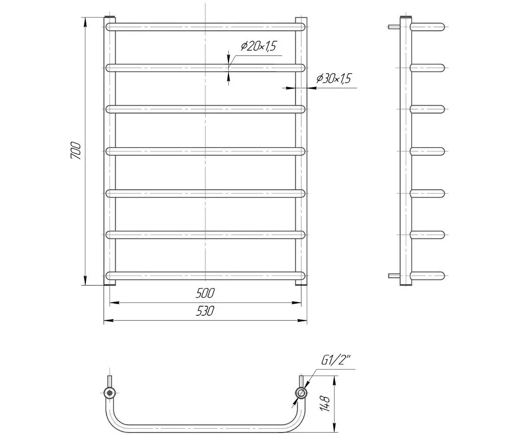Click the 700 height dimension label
coord(76,151)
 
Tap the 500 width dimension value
coord(205,293)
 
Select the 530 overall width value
coord(205,311)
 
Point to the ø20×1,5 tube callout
coord(259,46)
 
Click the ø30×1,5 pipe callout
coord(334,78)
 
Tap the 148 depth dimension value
coord(325,404)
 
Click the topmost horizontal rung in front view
coord(205,27)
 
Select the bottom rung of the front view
coord(205,276)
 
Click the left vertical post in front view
coord(110,151)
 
